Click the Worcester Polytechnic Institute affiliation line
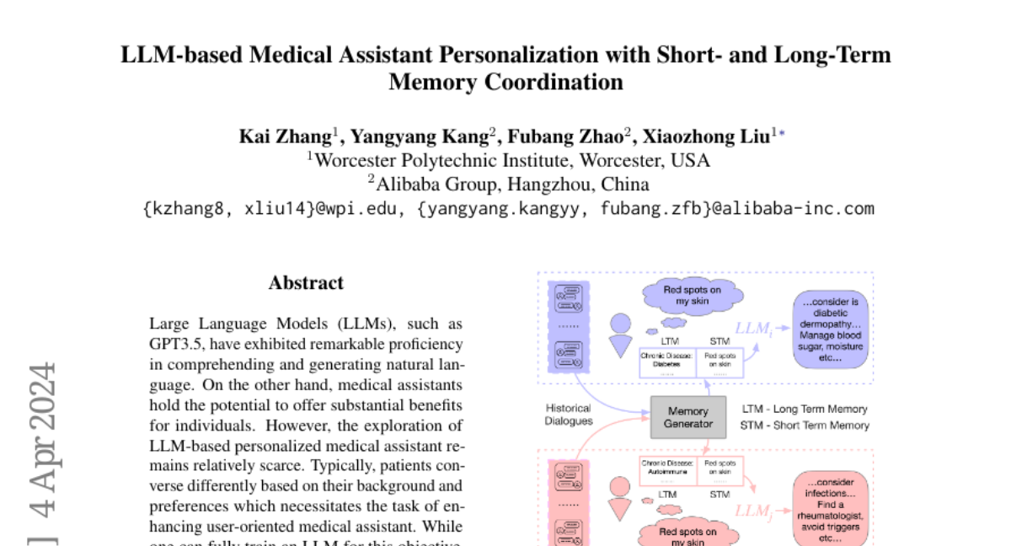pos(507,160)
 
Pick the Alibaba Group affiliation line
pos(507,184)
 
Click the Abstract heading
pos(306,283)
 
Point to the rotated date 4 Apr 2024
pos(42,438)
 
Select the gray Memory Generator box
pos(687,417)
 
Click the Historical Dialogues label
pos(569,415)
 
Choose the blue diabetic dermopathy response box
pos(830,329)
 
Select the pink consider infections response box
pos(830,509)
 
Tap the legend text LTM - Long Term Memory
pos(805,409)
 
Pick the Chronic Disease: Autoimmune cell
pos(667,468)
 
